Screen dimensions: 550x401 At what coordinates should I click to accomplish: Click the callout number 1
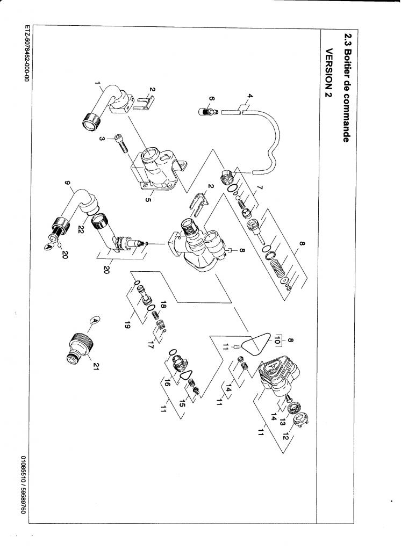(97, 84)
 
